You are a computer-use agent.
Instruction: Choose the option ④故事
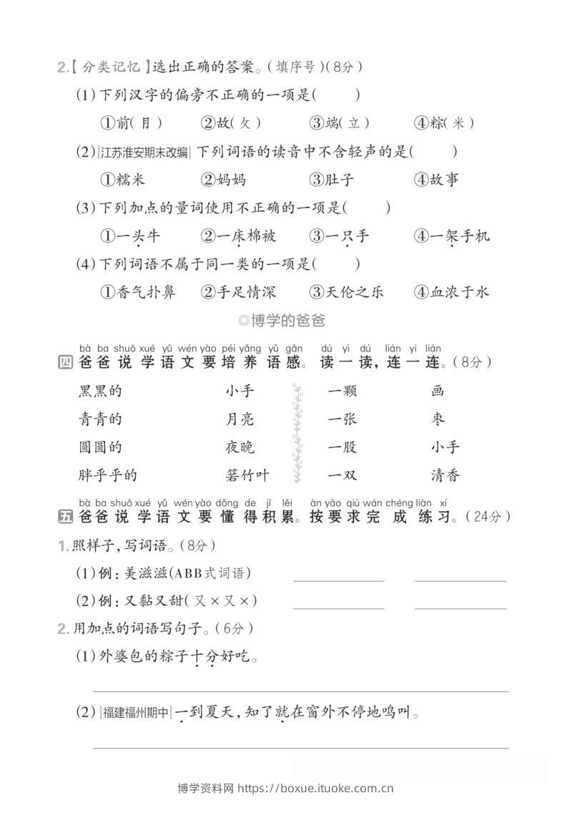pos(435,180)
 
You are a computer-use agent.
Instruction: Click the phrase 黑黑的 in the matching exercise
pos(100,391)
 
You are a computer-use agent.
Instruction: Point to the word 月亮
pos(240,419)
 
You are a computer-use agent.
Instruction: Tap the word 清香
pos(445,474)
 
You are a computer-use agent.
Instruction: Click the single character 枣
pos(438,419)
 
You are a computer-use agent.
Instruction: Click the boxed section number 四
pos(64,362)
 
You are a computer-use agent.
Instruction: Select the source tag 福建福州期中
pos(137,712)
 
